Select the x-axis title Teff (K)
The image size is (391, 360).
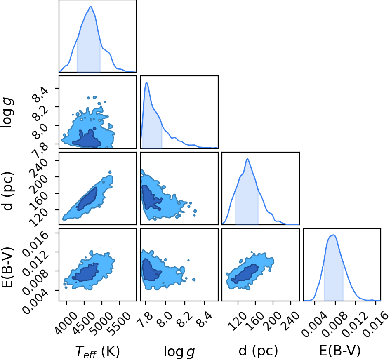coord(97,352)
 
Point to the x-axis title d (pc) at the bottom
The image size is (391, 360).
coord(258,351)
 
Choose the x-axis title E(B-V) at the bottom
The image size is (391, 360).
coord(340,351)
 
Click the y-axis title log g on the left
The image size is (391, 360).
coord(7,113)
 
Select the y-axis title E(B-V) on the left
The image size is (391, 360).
coord(7,268)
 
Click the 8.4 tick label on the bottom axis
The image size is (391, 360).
coord(204,320)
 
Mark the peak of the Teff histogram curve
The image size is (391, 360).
coord(90,7)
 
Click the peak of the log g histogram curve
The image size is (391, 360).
coord(146,82)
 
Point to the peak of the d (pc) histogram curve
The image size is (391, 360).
coord(247,159)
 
